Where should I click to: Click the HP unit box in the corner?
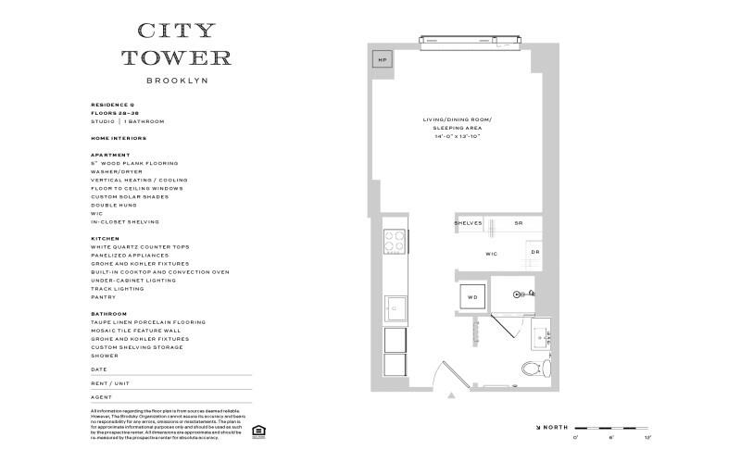(382, 60)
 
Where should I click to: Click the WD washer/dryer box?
(471, 297)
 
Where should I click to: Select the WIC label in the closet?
(492, 253)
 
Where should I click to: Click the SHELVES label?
(468, 224)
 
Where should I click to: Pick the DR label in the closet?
(535, 252)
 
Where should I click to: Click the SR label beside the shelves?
(519, 224)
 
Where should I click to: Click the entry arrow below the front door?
(451, 395)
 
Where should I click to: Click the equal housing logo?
(257, 430)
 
